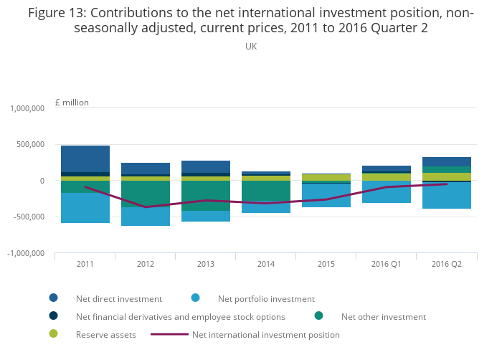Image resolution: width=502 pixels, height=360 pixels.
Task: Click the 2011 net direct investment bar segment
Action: pos(85,158)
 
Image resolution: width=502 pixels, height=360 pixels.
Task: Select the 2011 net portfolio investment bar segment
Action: pos(85,208)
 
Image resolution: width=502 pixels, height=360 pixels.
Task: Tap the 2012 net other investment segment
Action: pos(146,194)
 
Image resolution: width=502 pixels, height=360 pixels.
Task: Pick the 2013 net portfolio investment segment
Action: pos(206,216)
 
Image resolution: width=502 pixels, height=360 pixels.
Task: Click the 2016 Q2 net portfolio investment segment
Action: pos(446,195)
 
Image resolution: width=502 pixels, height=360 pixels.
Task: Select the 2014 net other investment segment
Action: pos(266,191)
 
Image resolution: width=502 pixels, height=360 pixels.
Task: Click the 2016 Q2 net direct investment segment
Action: pos(446,161)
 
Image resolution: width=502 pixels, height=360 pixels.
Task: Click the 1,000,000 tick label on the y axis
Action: pos(28,108)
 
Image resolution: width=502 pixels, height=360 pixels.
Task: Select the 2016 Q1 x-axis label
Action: pos(386,264)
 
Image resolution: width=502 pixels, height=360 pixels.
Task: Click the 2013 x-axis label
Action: pos(206,264)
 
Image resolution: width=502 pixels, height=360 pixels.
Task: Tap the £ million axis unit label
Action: pos(72,103)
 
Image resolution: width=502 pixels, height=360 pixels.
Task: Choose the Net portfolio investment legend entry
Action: pos(266,299)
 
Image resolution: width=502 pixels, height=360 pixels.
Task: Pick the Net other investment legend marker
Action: pos(319,316)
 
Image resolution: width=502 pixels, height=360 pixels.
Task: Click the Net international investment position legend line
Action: pos(170,334)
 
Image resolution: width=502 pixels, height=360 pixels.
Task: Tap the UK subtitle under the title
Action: pos(251,47)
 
